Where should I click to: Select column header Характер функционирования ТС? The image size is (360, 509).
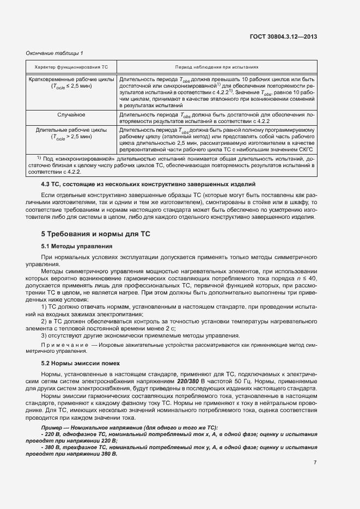[x=71, y=66]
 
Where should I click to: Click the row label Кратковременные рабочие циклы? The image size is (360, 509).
[x=71, y=79]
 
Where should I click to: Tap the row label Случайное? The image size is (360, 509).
[x=71, y=115]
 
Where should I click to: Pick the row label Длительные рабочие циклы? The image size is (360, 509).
[x=71, y=131]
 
